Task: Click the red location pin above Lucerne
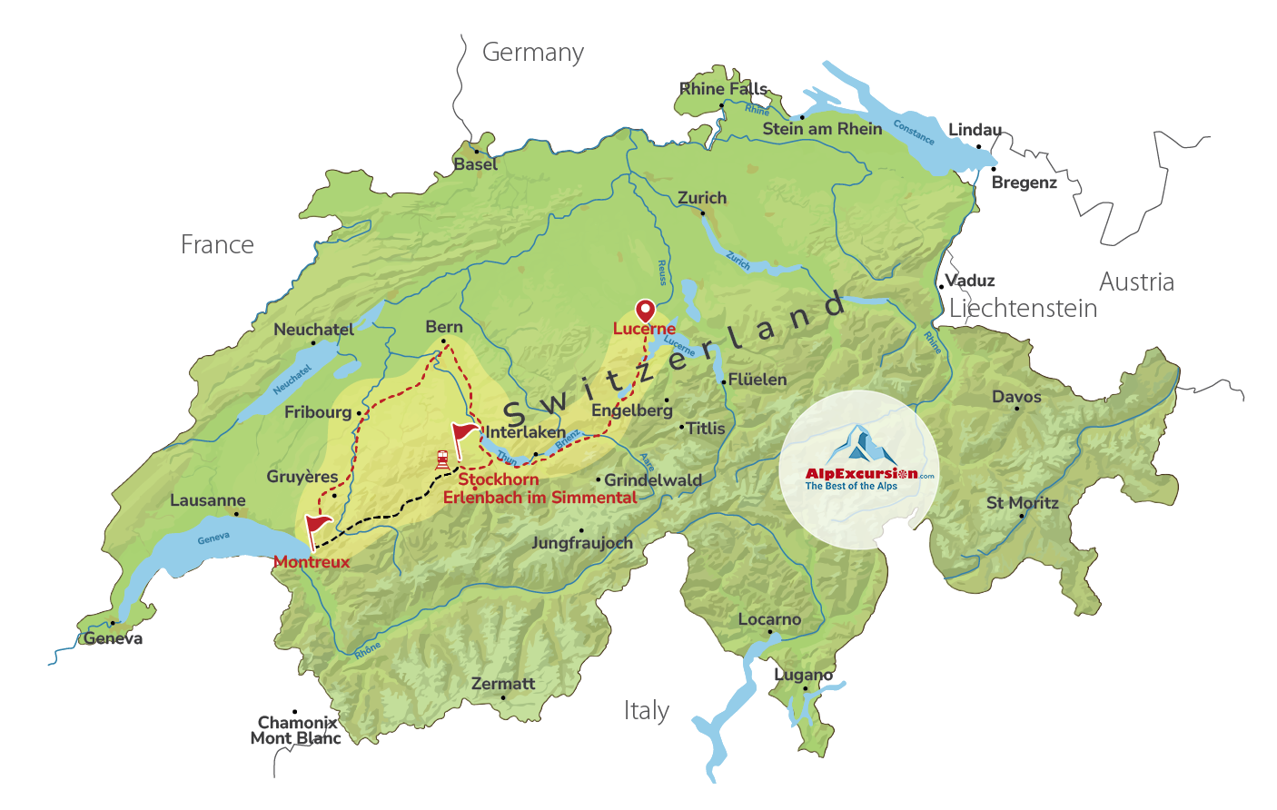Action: pos(645,311)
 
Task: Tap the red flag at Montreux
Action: pos(317,526)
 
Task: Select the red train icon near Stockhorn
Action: pos(442,459)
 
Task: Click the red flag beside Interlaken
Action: pos(464,432)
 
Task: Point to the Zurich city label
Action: pos(702,198)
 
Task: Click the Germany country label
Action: pos(532,53)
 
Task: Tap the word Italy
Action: pos(647,710)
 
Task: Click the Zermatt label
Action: pos(503,684)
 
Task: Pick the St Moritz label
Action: pos(1023,503)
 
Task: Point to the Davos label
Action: pos(1016,397)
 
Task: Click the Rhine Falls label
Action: pos(724,89)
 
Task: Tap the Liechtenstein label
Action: pos(1023,309)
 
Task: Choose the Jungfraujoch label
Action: pos(582,543)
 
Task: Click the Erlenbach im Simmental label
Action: pos(540,498)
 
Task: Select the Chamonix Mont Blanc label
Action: pos(296,730)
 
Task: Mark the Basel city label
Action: pos(476,164)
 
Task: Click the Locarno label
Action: pos(769,619)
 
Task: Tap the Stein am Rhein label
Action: pos(822,129)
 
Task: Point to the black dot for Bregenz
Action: pos(994,169)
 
